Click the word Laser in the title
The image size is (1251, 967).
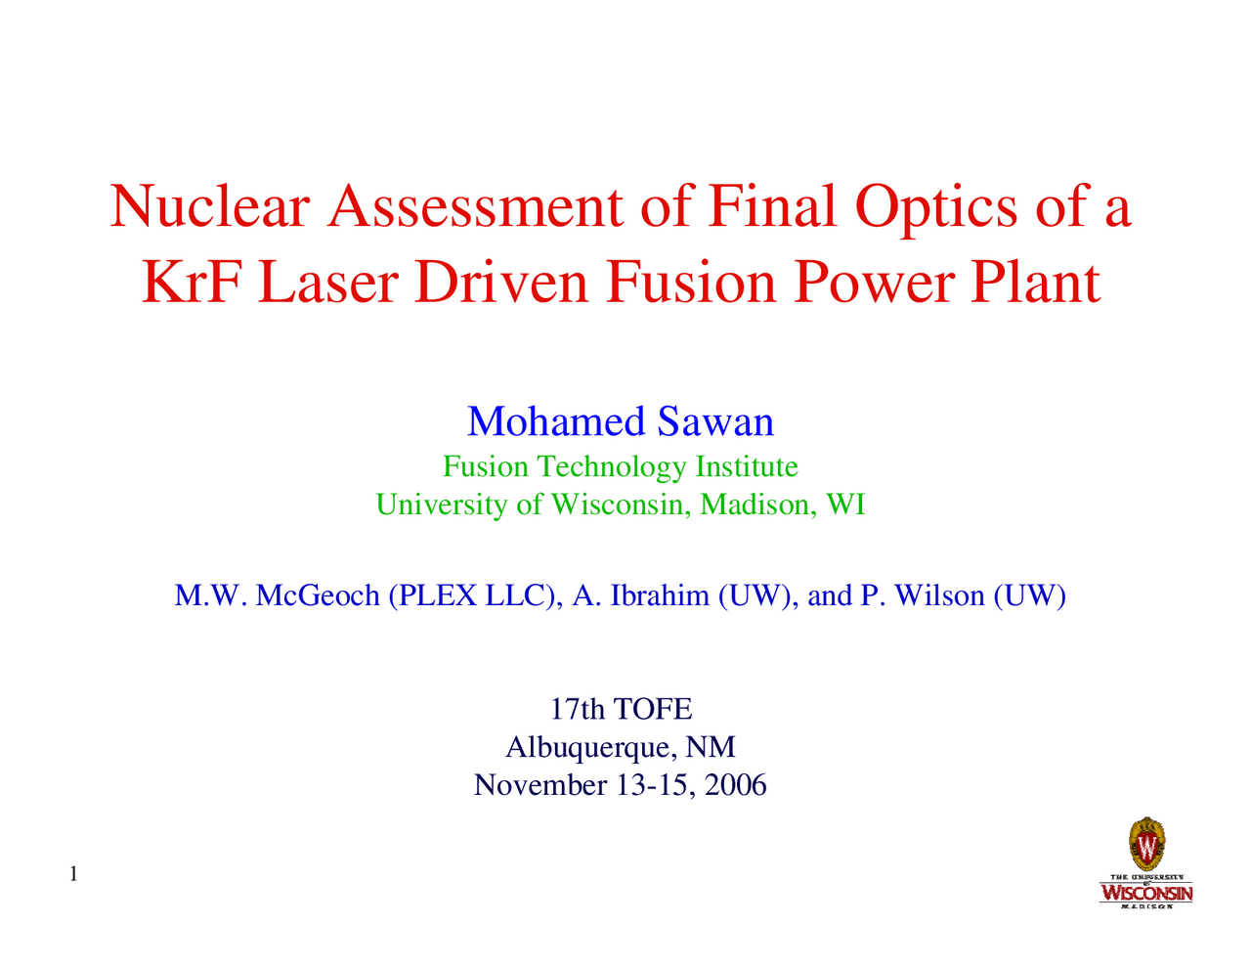[324, 284]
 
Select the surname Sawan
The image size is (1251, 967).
[715, 421]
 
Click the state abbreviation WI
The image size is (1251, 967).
[845, 505]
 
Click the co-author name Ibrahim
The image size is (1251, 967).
[660, 595]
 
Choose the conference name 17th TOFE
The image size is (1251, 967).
[621, 709]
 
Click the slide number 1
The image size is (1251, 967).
[74, 872]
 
